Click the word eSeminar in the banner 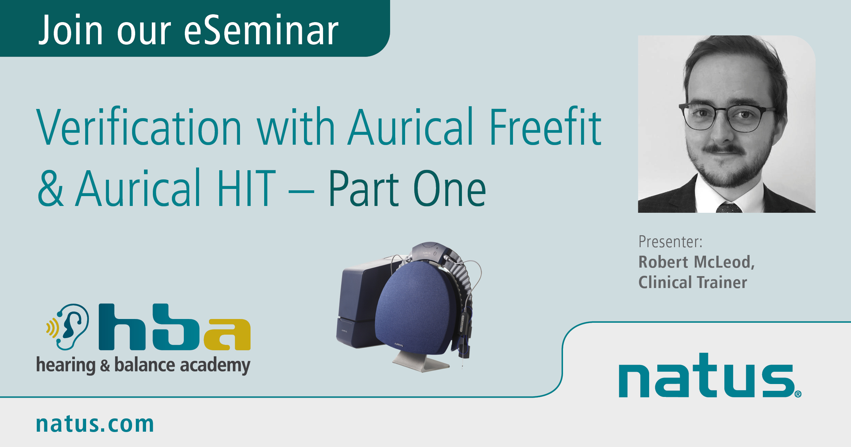coord(261,31)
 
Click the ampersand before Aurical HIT coord(50,189)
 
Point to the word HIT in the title coord(246,189)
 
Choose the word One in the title coord(449,189)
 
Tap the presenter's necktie coord(728,207)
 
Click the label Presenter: coord(670,242)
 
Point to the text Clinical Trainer coord(693,283)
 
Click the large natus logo coord(706,378)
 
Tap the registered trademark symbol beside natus coord(798,394)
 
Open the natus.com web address coord(95,424)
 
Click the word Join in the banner coord(71,31)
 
